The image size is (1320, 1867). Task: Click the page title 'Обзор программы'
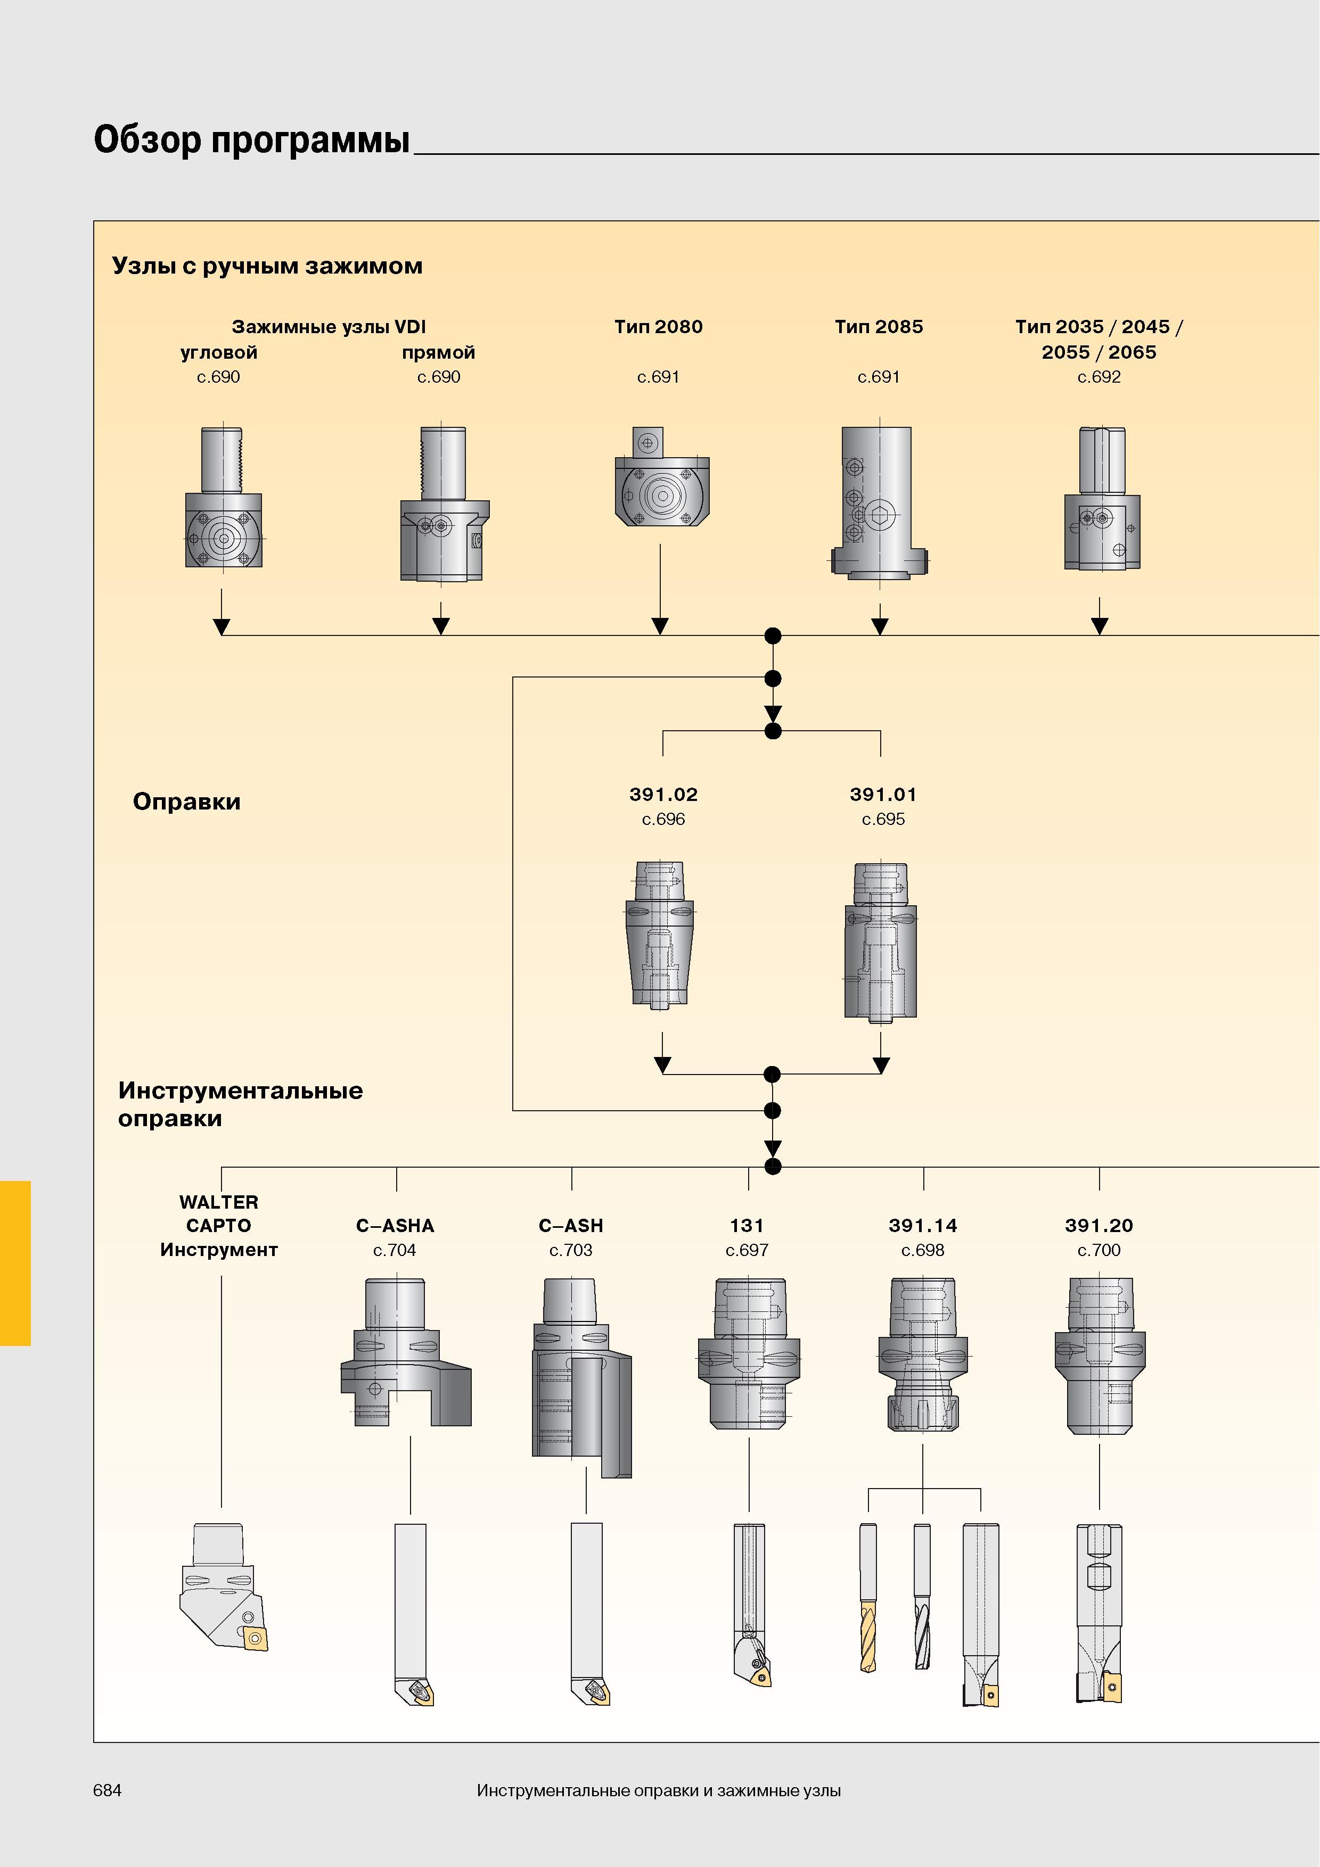tap(252, 140)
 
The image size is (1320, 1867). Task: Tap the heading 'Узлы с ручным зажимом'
tap(268, 266)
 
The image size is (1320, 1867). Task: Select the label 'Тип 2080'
tap(659, 326)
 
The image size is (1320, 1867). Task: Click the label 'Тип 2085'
tap(879, 326)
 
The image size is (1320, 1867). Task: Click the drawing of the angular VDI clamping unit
tap(224, 497)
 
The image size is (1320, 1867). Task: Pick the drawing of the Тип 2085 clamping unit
tap(879, 502)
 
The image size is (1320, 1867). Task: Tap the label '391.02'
tap(663, 795)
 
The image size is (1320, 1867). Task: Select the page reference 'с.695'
tap(883, 819)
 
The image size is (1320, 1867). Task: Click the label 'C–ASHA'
tap(395, 1226)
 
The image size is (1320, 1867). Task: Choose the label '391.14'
tap(923, 1226)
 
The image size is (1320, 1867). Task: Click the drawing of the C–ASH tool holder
tap(581, 1377)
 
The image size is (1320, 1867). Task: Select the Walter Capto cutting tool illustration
tap(224, 1587)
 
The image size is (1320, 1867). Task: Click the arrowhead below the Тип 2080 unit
tap(660, 625)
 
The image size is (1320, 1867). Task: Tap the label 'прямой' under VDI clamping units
tap(438, 352)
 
